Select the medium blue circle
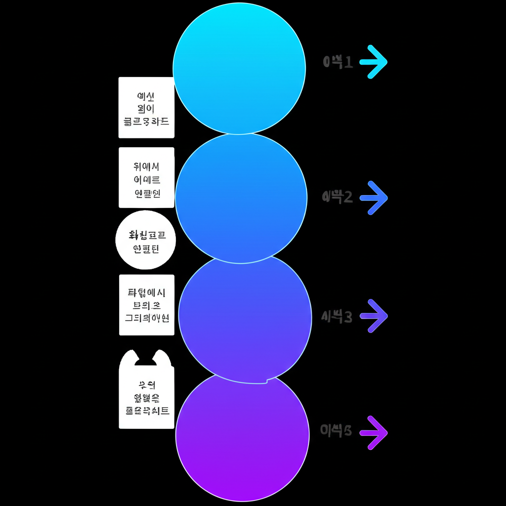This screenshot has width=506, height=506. pos(241,198)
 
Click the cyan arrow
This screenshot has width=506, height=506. pos(374,62)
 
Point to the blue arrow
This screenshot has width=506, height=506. pos(374,198)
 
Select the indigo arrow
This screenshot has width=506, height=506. pos(374,316)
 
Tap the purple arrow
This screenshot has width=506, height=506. pos(374,433)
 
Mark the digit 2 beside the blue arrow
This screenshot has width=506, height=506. pos(347,198)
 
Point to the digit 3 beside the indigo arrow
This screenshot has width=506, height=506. pos(347,317)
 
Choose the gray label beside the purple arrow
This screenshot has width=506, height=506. pos(336,431)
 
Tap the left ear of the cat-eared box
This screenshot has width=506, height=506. pos(130,357)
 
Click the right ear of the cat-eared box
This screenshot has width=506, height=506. pos(162,357)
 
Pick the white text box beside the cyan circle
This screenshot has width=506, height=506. pos(146,108)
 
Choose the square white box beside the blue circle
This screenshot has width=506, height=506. pos(147,177)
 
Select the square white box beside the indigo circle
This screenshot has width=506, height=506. pos(147,305)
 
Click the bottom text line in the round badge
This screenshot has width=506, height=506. pos(145,249)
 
